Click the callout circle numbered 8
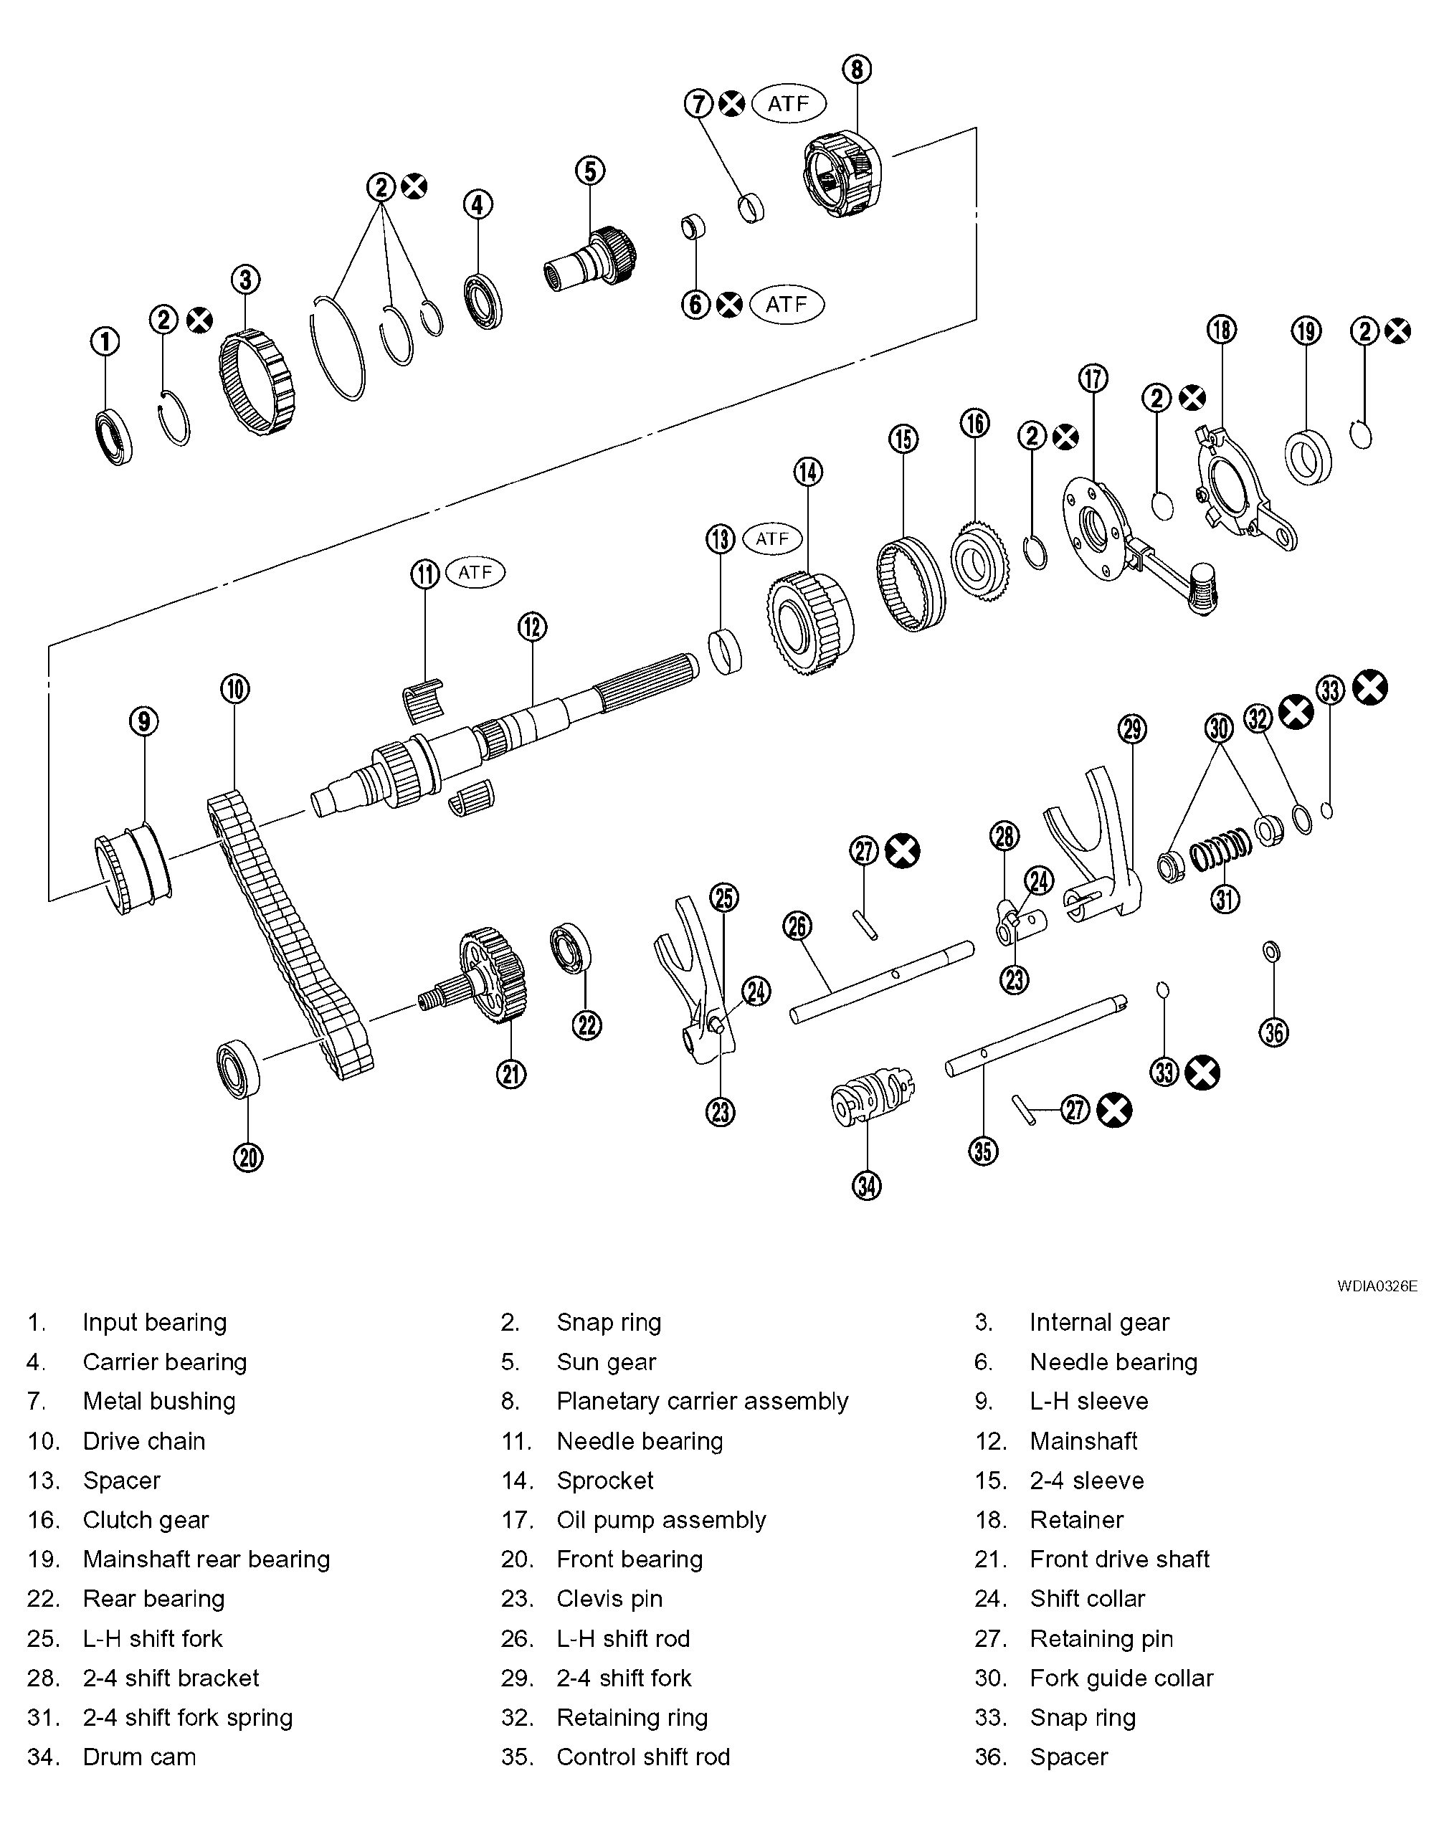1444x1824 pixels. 856,70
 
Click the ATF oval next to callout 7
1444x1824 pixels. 788,103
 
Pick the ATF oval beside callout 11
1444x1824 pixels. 475,572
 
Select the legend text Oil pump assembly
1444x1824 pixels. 661,1520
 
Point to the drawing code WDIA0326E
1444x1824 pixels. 1377,1286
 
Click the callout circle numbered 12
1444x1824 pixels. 532,627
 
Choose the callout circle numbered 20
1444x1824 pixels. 247,1157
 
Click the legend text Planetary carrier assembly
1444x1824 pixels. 702,1402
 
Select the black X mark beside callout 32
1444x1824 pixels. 1295,712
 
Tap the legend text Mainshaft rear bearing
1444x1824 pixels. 206,1559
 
